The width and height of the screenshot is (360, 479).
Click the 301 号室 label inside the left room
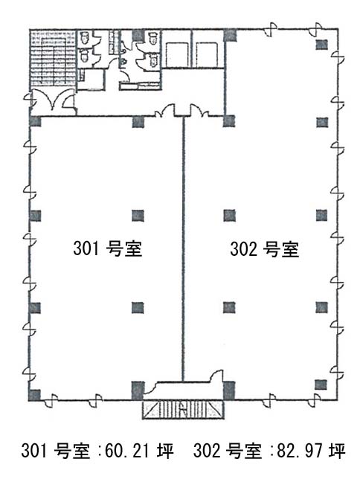[x=108, y=248]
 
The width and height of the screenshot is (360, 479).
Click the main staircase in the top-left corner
[x=53, y=58]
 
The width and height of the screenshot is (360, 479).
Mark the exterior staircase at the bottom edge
[x=183, y=409]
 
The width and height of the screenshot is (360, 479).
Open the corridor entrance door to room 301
[x=165, y=112]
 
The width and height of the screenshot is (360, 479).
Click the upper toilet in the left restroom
[x=85, y=38]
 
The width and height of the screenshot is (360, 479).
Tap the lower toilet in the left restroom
[x=85, y=56]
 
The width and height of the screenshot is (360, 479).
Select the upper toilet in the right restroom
[x=153, y=38]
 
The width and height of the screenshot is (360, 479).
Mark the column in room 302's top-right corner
[x=321, y=45]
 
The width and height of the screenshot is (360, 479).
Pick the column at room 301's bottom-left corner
[x=34, y=395]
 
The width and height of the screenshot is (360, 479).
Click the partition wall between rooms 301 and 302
[x=183, y=249]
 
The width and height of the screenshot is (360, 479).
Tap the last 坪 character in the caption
[x=337, y=450]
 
